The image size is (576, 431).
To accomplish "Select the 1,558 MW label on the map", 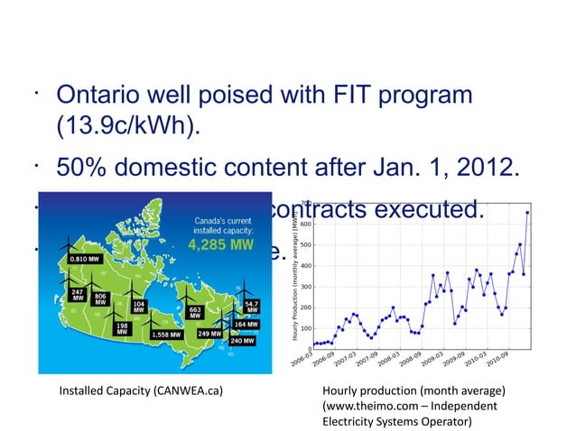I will (168, 334).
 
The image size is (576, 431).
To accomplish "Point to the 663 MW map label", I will (194, 311).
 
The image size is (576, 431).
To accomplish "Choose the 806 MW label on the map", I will (101, 299).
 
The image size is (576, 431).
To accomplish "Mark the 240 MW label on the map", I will (242, 341).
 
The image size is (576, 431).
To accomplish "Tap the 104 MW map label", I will (138, 307).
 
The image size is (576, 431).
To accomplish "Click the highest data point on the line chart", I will (527, 213).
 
